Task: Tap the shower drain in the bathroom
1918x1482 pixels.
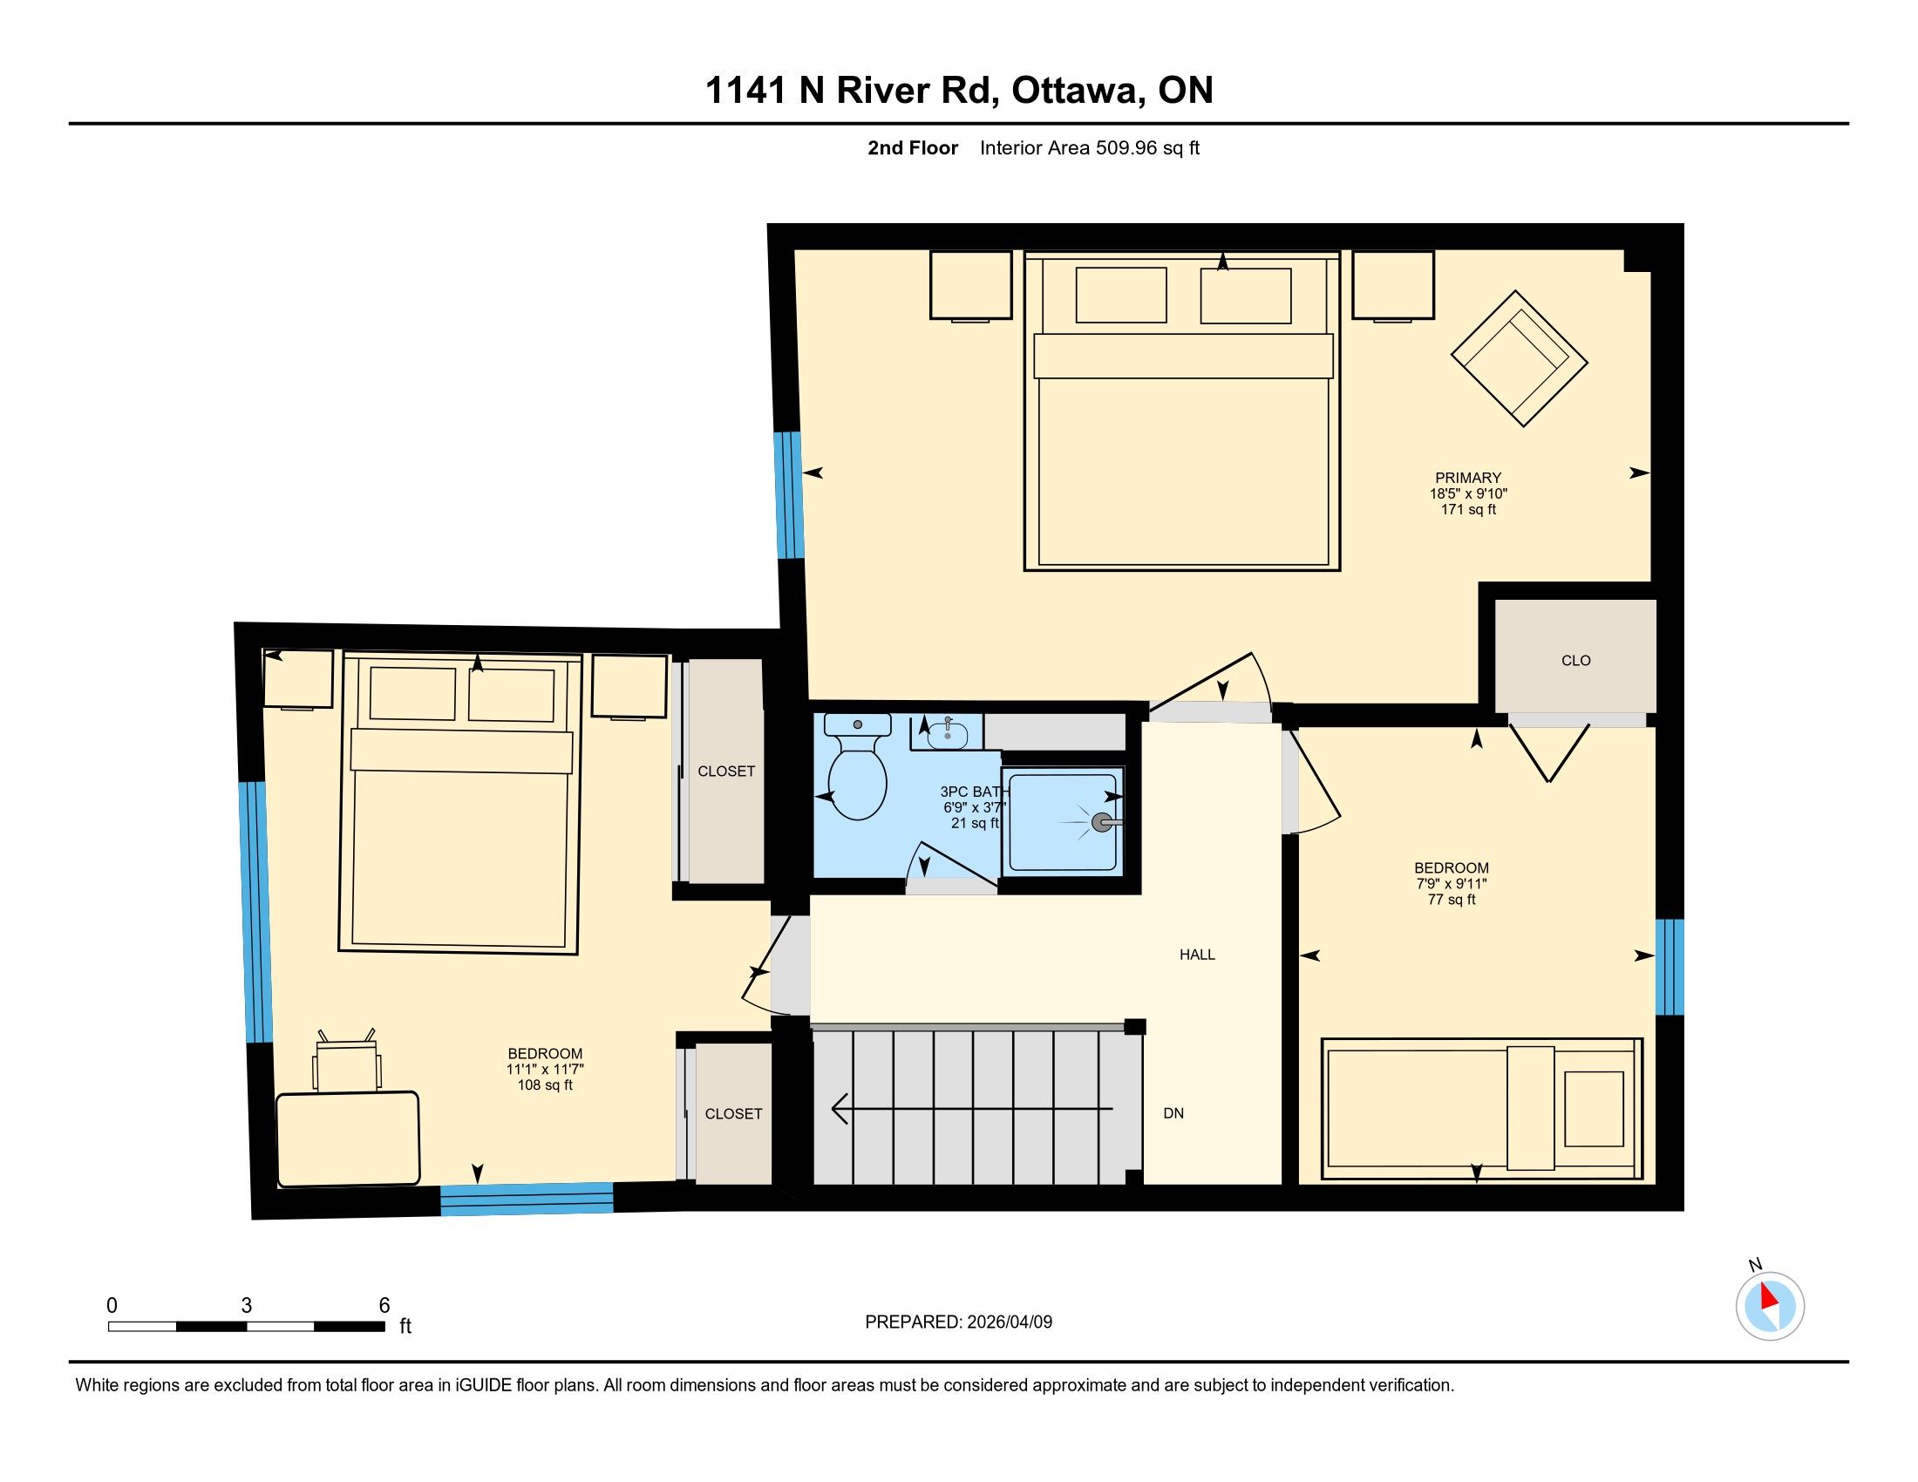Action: [1098, 823]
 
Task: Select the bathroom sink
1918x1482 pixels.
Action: [947, 733]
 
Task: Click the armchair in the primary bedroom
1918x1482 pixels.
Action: [1520, 358]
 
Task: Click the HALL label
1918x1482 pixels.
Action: [1197, 955]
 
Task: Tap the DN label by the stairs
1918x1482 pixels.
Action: [1173, 1113]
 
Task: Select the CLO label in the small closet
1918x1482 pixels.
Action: [1575, 660]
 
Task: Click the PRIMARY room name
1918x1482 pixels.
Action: [1468, 478]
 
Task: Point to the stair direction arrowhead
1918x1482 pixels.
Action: [839, 1109]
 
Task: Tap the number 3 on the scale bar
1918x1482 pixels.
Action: [247, 1306]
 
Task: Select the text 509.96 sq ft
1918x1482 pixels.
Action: [1147, 147]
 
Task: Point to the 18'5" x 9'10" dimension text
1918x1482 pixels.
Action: [1468, 493]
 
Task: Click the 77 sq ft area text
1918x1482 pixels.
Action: [1451, 899]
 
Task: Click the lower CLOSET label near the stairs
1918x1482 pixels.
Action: [733, 1113]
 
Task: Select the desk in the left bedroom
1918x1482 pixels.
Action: [348, 1139]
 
